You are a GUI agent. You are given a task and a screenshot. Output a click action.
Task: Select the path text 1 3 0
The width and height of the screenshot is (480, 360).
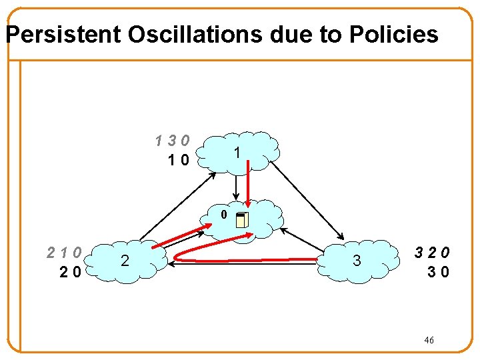pos(172,141)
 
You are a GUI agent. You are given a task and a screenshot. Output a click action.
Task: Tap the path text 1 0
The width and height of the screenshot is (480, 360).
pos(179,159)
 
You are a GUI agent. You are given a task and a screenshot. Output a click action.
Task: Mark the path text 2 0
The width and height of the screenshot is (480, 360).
pos(71,271)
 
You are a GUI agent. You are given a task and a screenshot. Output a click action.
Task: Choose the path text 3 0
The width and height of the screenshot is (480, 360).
pos(438,271)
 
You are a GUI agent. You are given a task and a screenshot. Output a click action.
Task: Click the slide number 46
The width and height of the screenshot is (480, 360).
pos(429,341)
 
